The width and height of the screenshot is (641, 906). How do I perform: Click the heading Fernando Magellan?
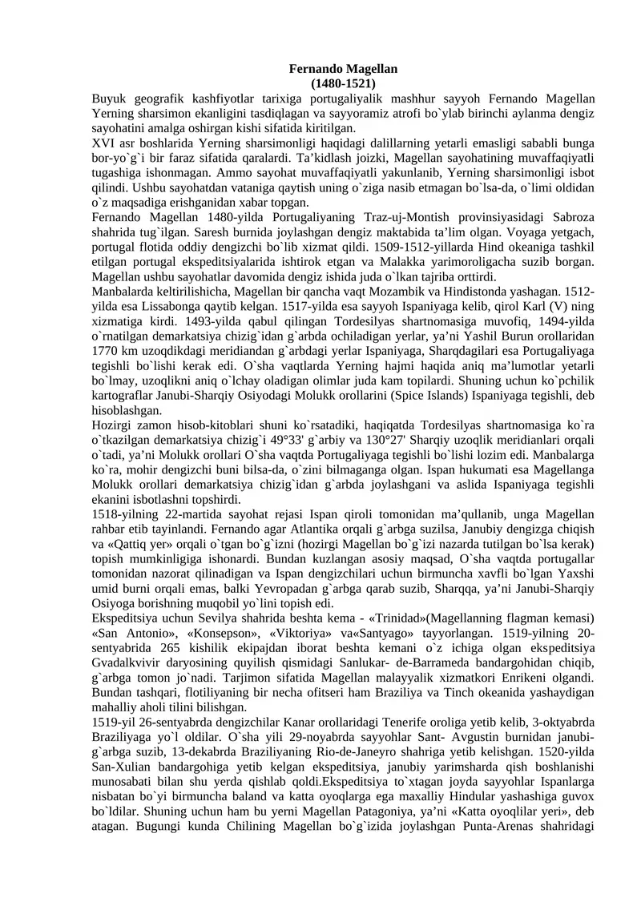click(343, 70)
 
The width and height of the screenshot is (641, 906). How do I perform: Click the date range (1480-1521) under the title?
click(343, 83)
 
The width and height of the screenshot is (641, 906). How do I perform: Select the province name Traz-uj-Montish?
click(397, 217)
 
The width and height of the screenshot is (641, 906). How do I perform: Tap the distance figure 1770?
click(106, 349)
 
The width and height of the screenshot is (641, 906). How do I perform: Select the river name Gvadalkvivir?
click(127, 662)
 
